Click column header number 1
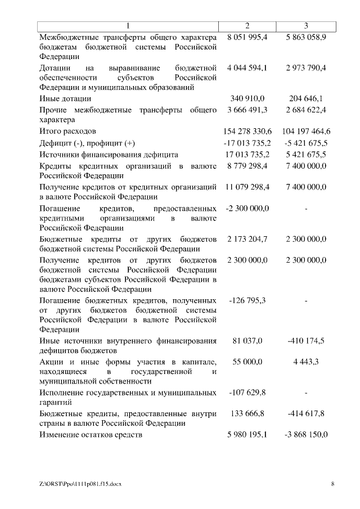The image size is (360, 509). coord(128,26)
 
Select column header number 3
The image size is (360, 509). coord(305,26)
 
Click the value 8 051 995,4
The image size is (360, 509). coord(247,37)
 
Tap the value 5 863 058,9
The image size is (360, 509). coord(305,37)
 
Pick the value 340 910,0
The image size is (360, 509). coord(247,99)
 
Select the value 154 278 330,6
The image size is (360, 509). coord(247,131)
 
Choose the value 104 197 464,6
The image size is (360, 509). coord(305,131)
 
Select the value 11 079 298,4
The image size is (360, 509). coord(247,186)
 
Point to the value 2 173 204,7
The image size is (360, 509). coord(247,239)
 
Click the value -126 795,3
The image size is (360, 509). coord(247,301)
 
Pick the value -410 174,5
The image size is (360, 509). coord(305,340)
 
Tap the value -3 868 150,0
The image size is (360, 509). coord(305,435)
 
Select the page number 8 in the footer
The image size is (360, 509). coord(332,483)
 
